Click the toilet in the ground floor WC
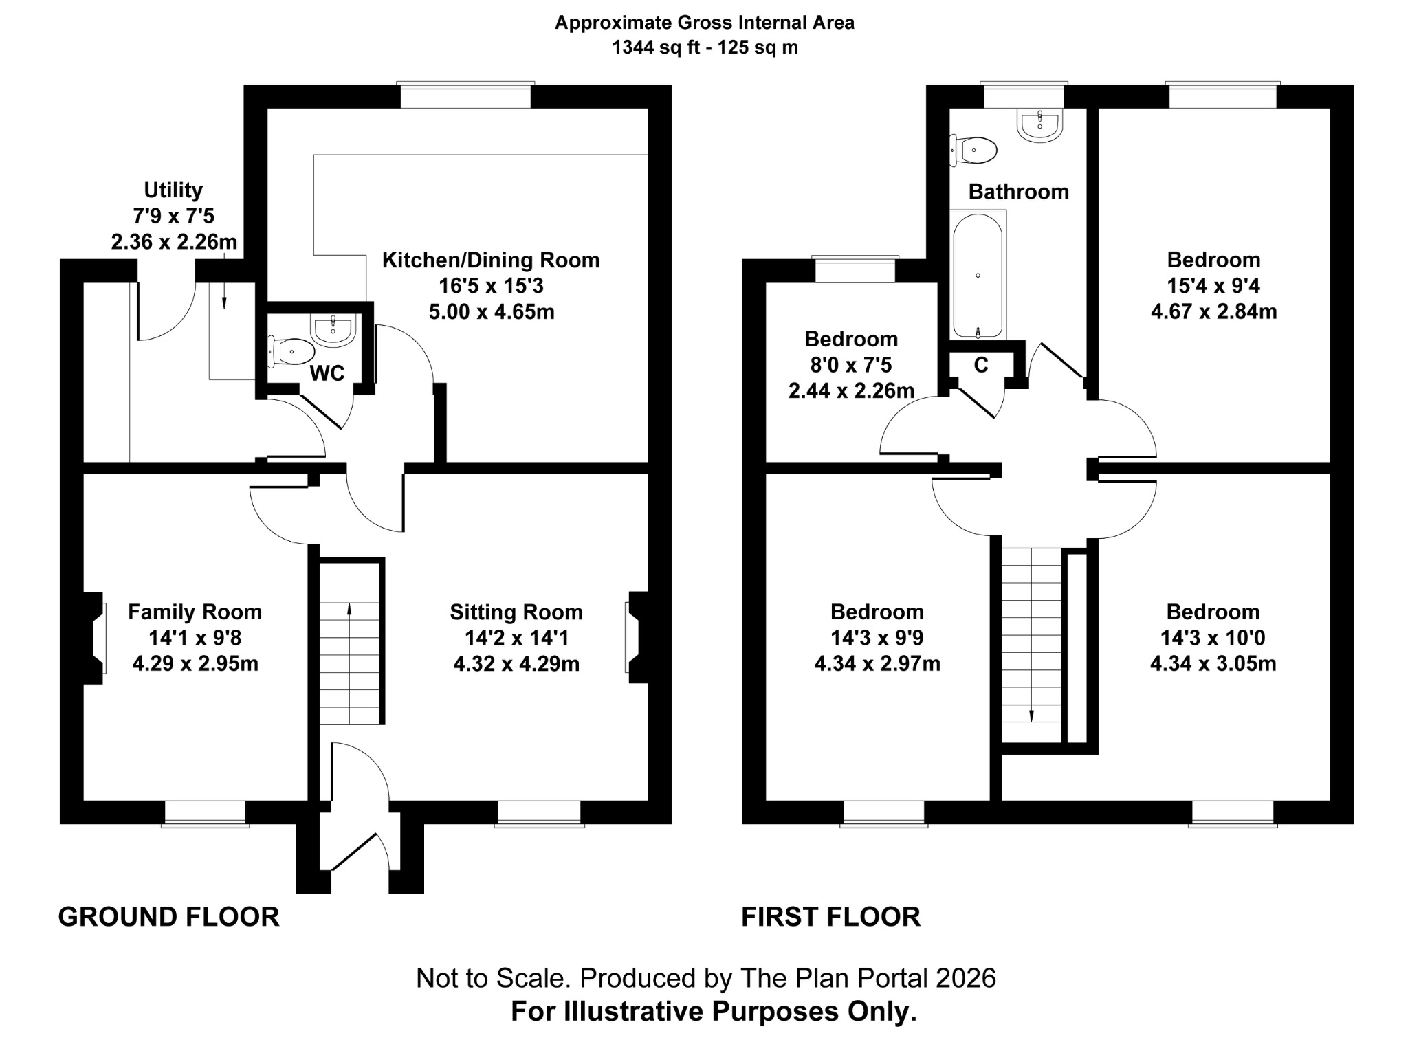[289, 351]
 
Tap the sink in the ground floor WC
[333, 329]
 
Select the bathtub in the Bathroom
[978, 275]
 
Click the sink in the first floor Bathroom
[1039, 124]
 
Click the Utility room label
[173, 190]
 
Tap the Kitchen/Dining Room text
[491, 260]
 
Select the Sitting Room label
[516, 612]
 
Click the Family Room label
[195, 612]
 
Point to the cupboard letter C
[981, 365]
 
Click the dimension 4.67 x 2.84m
[1213, 311]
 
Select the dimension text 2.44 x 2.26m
[851, 390]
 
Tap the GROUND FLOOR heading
[168, 917]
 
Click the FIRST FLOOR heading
[830, 917]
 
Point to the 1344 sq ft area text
[705, 47]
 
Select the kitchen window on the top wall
[465, 96]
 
